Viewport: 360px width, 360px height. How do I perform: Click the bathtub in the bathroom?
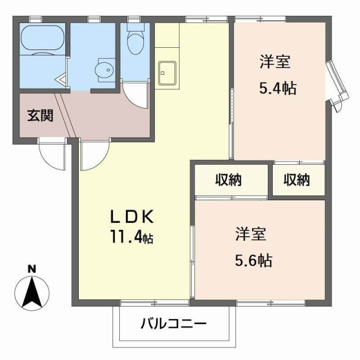pos(42,39)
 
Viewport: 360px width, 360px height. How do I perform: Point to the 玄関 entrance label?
pos(40,116)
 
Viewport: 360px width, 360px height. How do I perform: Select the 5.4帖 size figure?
pos(277,88)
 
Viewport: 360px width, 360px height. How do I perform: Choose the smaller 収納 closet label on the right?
pos(296,180)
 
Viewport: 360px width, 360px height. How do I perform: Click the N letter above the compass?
pos(32,268)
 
